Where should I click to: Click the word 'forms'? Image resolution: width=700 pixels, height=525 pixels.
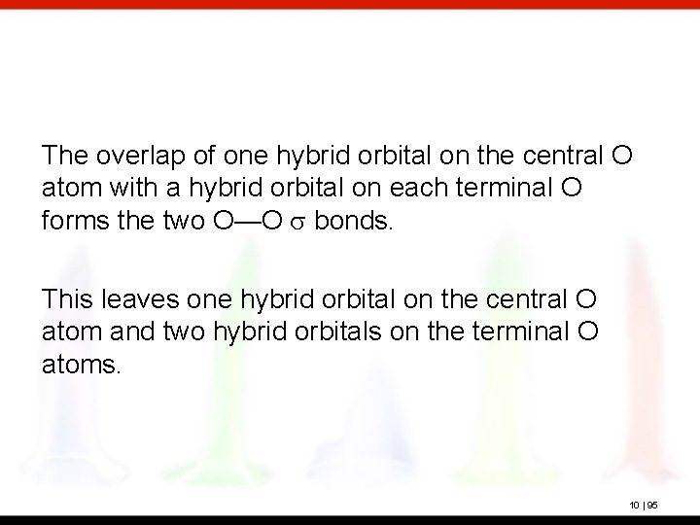click(69, 220)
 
